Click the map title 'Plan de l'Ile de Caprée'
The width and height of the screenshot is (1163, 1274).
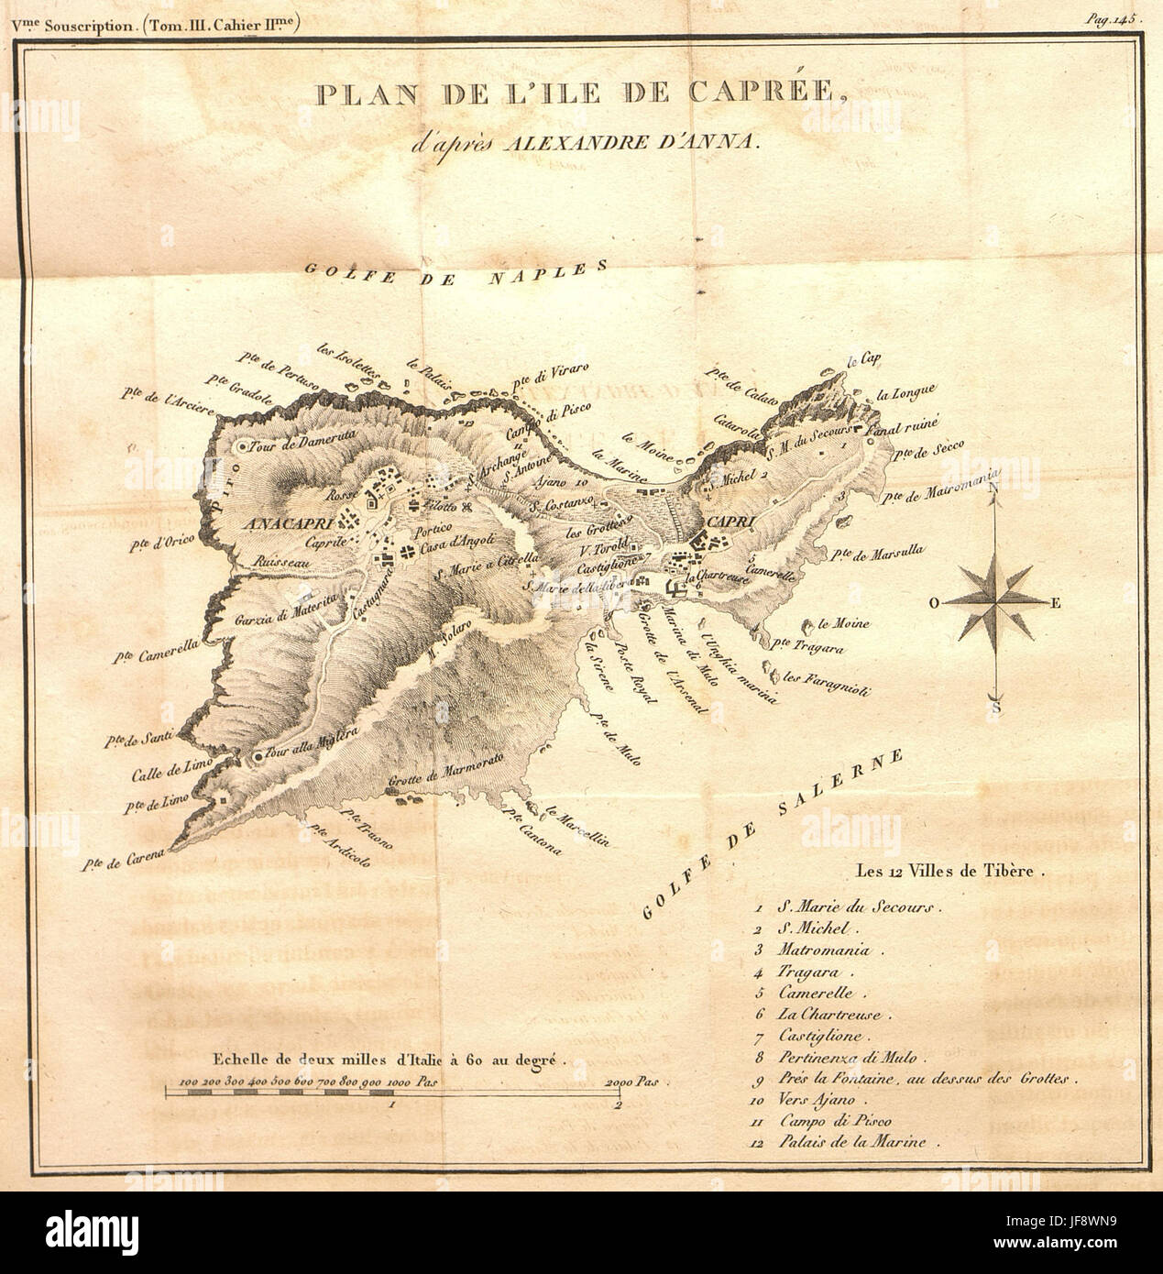point(580,95)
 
